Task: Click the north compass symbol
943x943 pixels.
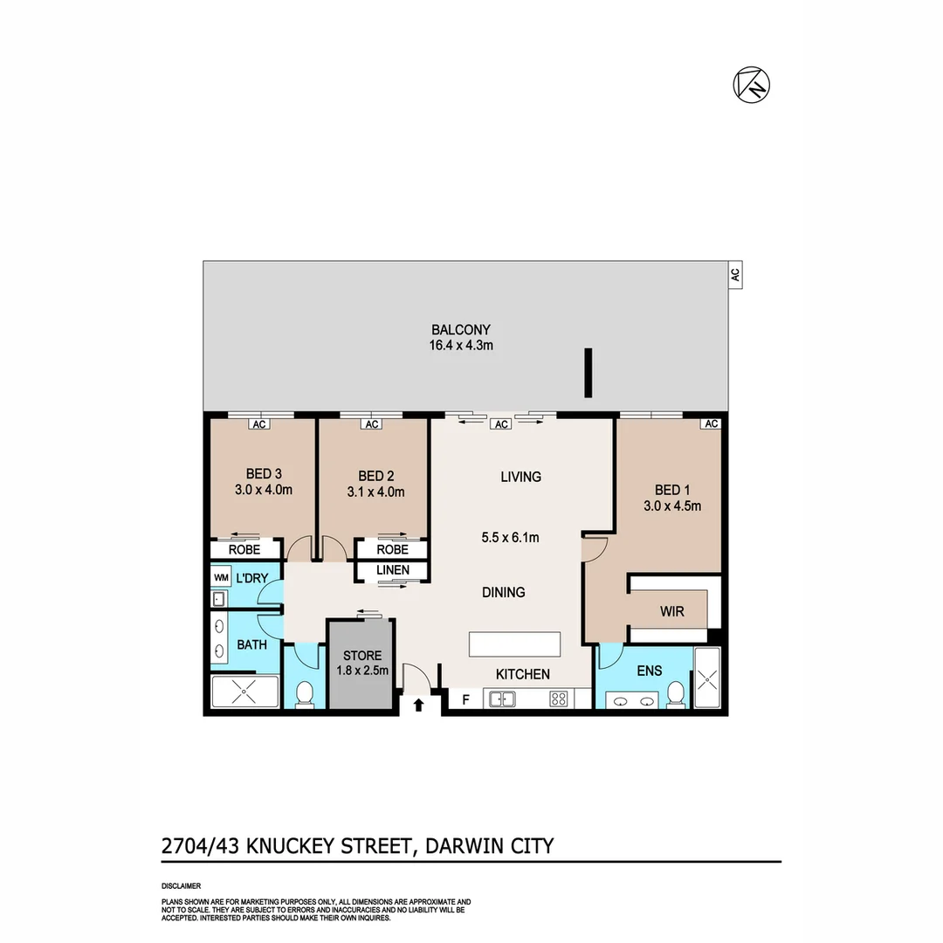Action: [751, 85]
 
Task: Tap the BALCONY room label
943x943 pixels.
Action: [460, 330]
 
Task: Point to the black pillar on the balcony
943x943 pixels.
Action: [589, 374]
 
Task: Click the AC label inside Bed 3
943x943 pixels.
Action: [259, 424]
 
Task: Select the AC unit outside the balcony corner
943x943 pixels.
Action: [734, 275]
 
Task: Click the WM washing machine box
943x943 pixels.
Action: [221, 577]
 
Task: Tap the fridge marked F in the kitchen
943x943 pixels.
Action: [465, 699]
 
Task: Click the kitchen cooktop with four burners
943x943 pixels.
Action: [558, 699]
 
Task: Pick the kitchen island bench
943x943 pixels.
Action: [515, 644]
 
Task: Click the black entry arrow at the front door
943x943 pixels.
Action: [418, 705]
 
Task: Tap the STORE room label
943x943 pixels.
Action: [361, 656]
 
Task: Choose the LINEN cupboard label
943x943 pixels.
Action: [392, 570]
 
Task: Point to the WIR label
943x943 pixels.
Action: [671, 611]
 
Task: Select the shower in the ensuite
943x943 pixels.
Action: [707, 678]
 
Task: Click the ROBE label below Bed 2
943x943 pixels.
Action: [392, 549]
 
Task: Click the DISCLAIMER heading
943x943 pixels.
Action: [181, 885]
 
